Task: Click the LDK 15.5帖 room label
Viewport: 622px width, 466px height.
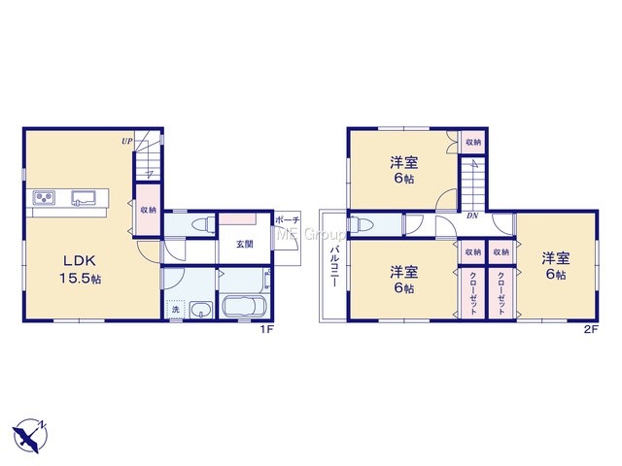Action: [x=80, y=270]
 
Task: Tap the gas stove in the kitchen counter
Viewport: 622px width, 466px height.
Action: [x=44, y=197]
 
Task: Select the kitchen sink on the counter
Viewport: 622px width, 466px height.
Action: [x=83, y=198]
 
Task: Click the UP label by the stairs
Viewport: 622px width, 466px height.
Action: [x=127, y=141]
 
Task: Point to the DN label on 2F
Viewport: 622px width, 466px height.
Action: [x=471, y=216]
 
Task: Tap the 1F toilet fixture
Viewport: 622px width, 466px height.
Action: [x=202, y=225]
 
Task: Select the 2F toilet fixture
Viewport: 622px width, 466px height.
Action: [x=361, y=225]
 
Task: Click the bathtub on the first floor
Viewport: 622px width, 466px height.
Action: [x=244, y=306]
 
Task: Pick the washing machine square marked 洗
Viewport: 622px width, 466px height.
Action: [x=175, y=309]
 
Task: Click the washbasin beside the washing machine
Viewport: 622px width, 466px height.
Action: [x=201, y=310]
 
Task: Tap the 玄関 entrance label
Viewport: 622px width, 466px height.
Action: [x=245, y=245]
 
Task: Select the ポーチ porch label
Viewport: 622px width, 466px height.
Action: [x=287, y=220]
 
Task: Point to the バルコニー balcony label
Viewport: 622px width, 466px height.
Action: [x=333, y=266]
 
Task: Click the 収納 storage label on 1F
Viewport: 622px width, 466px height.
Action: [x=149, y=210]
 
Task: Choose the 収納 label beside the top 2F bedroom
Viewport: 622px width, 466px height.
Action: [x=473, y=142]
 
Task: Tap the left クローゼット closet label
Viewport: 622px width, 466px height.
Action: [x=473, y=293]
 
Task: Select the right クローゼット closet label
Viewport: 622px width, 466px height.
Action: [x=501, y=293]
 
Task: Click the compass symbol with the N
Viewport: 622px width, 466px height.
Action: [x=29, y=435]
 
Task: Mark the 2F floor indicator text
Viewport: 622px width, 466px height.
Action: [x=591, y=329]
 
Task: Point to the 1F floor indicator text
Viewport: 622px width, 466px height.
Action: [x=266, y=329]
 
